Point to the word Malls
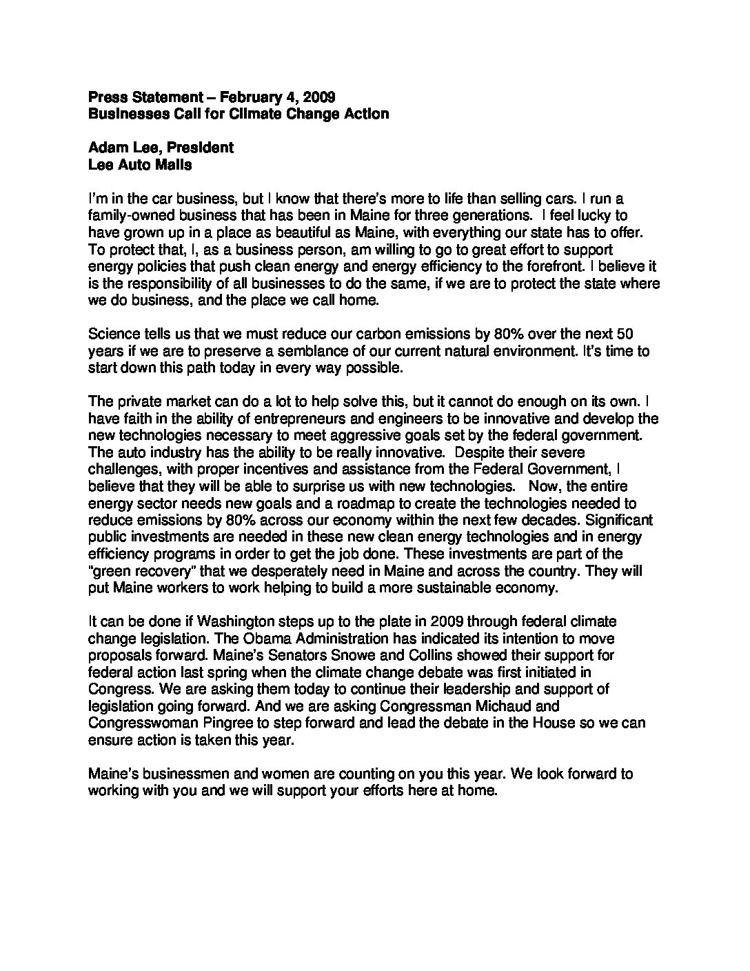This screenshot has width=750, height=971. pos(171,165)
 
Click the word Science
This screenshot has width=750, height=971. pos(114,334)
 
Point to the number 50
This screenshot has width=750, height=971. pos(625,334)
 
